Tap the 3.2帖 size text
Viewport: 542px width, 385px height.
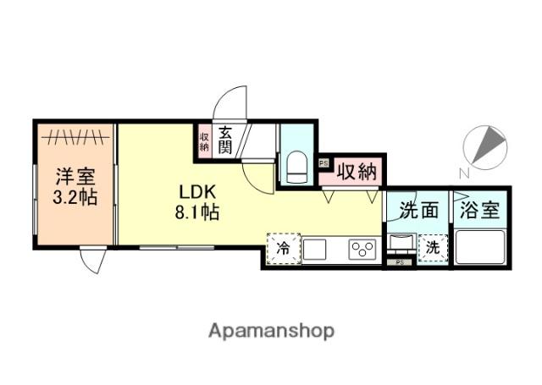75,198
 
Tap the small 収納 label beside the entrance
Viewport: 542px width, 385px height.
204,140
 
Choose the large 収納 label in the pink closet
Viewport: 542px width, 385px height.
356,171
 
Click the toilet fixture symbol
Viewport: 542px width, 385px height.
296,166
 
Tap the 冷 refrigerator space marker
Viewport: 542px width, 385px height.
284,249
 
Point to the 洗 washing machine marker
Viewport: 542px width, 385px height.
432,248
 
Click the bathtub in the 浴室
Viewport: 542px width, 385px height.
481,249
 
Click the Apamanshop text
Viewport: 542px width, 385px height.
270,329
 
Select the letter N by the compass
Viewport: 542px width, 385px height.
464,173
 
